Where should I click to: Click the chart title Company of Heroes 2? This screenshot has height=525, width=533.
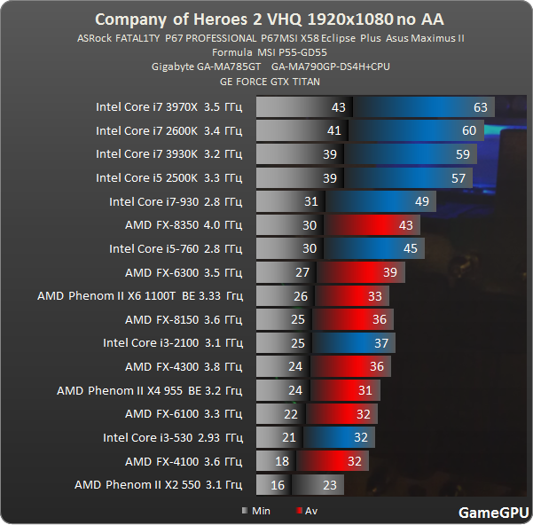[265, 19]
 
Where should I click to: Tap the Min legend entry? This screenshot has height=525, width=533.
[256, 511]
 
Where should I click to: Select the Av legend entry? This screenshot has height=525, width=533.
[307, 511]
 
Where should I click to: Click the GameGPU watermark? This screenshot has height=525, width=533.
[493, 513]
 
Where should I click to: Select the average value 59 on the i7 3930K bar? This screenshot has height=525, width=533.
[462, 154]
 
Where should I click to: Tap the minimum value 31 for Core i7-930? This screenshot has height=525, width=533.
[310, 201]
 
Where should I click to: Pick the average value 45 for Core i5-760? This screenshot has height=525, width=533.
[410, 249]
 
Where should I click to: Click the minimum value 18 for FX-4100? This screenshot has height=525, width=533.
[281, 461]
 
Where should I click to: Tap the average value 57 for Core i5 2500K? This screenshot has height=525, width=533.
[458, 178]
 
